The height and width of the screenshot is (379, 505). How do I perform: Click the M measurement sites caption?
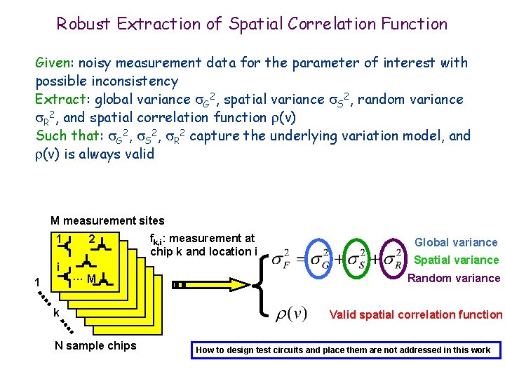click(x=107, y=221)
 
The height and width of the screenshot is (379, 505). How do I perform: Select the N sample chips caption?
click(x=95, y=345)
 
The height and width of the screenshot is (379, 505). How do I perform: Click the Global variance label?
click(x=456, y=242)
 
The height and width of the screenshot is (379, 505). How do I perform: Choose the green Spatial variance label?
click(x=456, y=260)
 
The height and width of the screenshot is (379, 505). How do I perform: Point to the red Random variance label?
click(x=454, y=278)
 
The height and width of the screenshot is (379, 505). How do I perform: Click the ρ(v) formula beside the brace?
click(x=290, y=312)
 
